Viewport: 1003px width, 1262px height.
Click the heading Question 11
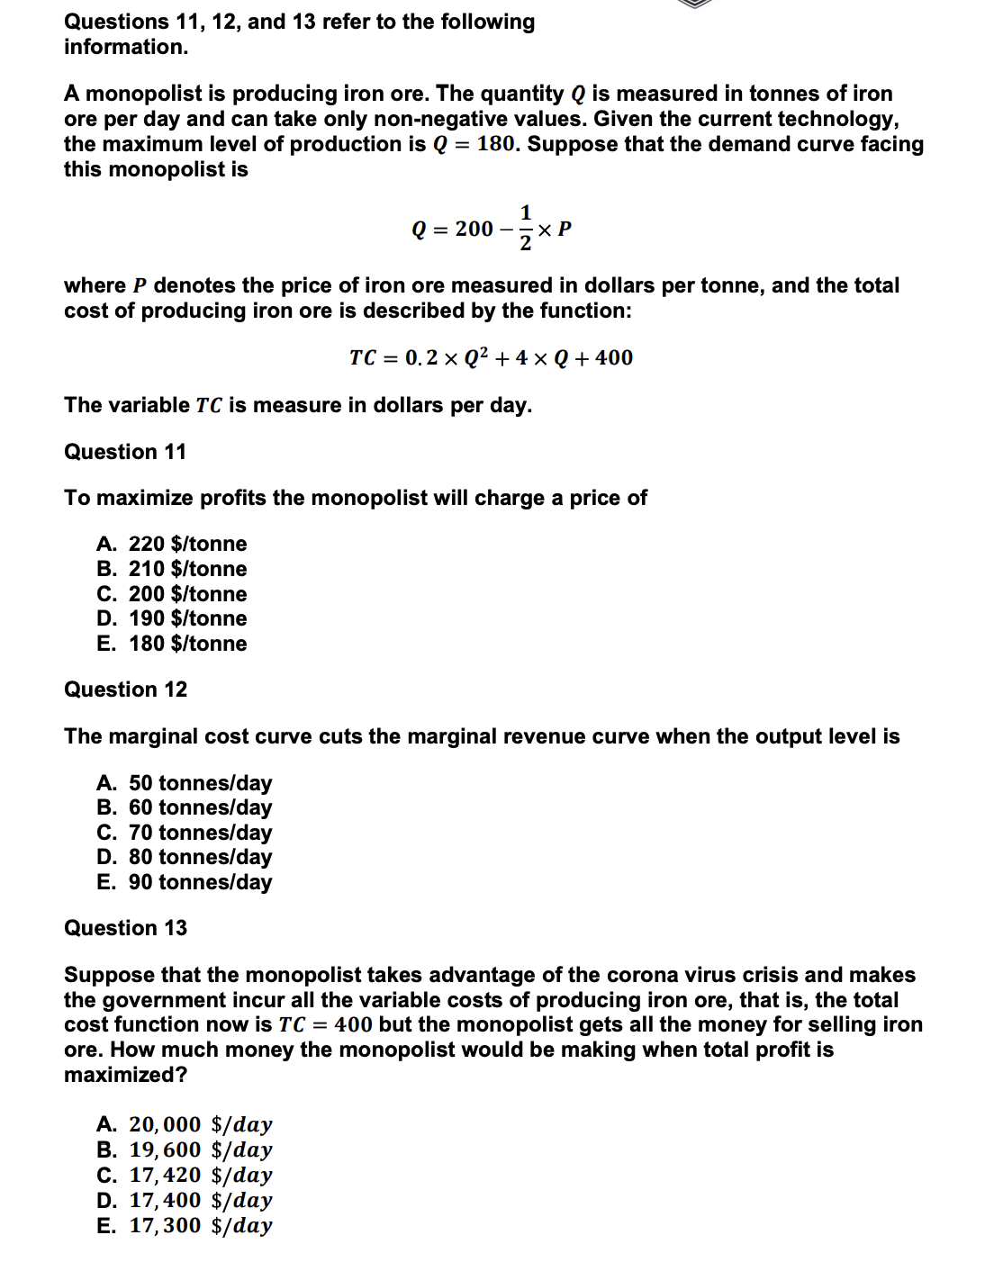click(x=125, y=452)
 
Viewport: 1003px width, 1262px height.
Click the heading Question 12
click(x=125, y=690)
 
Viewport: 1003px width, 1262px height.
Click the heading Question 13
click(x=125, y=928)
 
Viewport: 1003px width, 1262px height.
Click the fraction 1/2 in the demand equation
click(x=526, y=229)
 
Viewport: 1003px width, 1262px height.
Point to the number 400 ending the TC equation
click(x=614, y=358)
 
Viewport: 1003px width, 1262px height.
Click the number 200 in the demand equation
click(x=474, y=230)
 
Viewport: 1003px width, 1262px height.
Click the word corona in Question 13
click(x=640, y=975)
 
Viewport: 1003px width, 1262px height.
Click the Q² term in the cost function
click(x=476, y=357)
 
